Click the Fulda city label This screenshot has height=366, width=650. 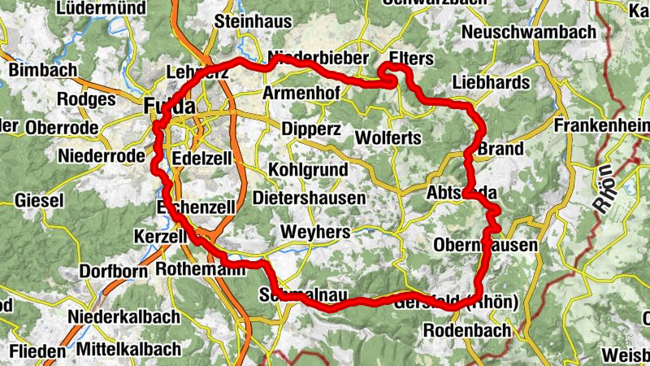170,107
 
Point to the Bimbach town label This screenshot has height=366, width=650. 41,70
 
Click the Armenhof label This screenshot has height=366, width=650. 301,94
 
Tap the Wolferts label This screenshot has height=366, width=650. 388,137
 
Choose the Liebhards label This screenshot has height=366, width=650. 491,82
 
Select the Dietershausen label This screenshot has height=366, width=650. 310,198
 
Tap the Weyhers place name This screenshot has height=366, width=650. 315,233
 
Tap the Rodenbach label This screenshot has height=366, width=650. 467,330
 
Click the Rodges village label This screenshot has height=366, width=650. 86,98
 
